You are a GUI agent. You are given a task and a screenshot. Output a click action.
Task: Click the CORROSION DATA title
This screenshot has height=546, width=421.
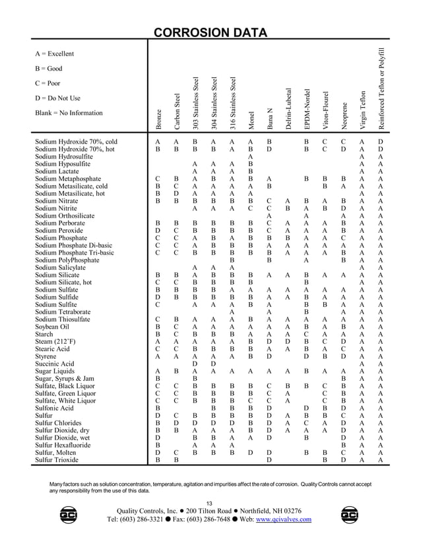click(x=210, y=33)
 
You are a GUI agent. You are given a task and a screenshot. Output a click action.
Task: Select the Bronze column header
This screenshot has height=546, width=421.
click(x=158, y=119)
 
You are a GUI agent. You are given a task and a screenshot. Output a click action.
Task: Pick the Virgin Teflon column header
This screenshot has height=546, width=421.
click(x=362, y=108)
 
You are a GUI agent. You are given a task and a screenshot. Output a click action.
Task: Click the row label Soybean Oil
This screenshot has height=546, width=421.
click(x=52, y=326)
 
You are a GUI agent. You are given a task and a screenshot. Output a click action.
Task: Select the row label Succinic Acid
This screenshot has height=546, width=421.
click(x=55, y=363)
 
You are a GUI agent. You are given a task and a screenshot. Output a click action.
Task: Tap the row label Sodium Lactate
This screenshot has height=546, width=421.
click(x=57, y=171)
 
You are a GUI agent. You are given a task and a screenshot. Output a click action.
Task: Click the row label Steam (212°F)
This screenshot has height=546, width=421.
click(x=56, y=341)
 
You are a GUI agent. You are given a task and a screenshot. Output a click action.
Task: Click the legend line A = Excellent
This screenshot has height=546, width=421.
click(x=54, y=54)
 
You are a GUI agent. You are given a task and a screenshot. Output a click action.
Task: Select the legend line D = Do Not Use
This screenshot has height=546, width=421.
click(x=57, y=98)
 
